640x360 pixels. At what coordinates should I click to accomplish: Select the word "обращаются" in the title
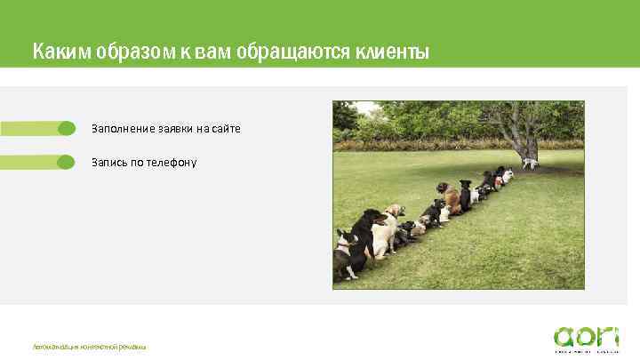[x=288, y=52]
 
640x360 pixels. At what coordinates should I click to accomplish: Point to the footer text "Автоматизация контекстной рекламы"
[x=89, y=347]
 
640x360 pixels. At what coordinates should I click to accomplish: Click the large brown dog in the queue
[x=452, y=196]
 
